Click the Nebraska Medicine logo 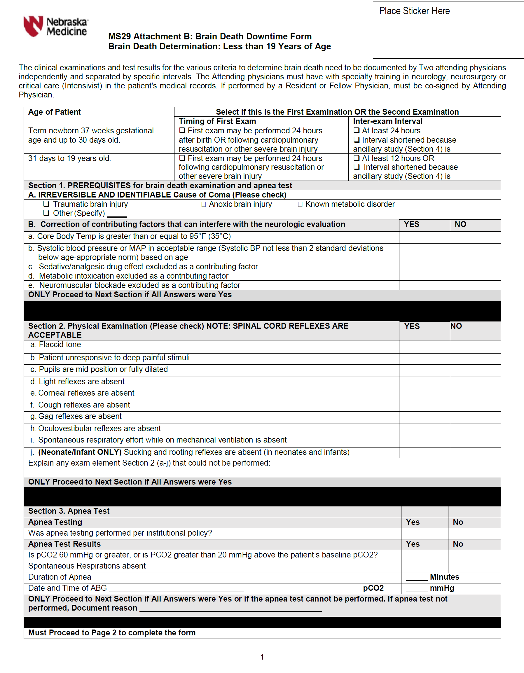pos(56,27)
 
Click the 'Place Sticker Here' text pos(414,11)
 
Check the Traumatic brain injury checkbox pos(46,204)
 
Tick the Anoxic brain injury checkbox pos(203,204)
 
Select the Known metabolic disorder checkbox pos(300,204)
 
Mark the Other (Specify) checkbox pos(46,213)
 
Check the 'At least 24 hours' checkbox pos(357,130)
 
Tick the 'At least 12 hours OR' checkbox pos(357,158)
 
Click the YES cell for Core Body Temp pos(424,237)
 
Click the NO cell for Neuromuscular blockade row pos(475,285)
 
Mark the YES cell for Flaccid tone pos(424,346)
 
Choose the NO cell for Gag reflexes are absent pos(475,417)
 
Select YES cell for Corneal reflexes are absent pos(424,394)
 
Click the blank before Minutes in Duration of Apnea pos(416,578)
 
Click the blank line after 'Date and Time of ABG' pos(176,589)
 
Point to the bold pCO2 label pos(373,588)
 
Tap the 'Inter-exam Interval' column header pos(387,121)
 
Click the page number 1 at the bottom pos(262,657)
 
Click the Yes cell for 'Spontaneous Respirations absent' pos(425,567)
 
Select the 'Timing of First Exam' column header pos(217,121)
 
